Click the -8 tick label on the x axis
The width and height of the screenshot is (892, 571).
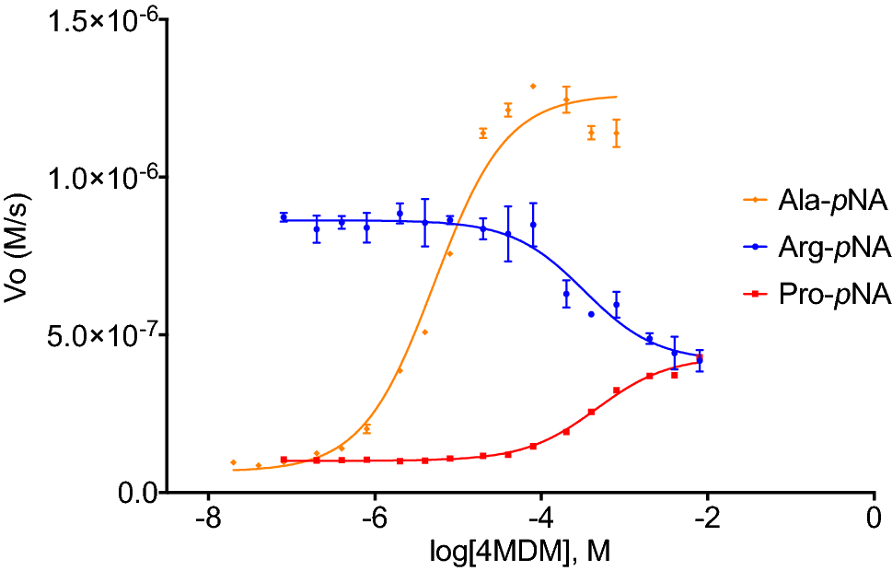tap(208, 520)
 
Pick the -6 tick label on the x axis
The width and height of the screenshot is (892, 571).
tap(375, 520)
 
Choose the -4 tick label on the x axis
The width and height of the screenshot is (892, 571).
tap(541, 520)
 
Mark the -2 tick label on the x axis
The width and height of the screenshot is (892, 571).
tap(707, 520)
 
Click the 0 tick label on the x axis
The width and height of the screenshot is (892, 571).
tap(874, 520)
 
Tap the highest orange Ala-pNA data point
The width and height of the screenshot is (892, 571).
tap(533, 86)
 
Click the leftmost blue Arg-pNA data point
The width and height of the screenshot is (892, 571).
tap(284, 217)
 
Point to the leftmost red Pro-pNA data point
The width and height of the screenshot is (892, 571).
tap(284, 460)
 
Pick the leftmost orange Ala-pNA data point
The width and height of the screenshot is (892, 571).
tap(234, 462)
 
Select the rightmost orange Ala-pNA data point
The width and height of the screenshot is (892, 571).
tap(617, 133)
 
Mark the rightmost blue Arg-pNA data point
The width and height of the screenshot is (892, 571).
tap(700, 360)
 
